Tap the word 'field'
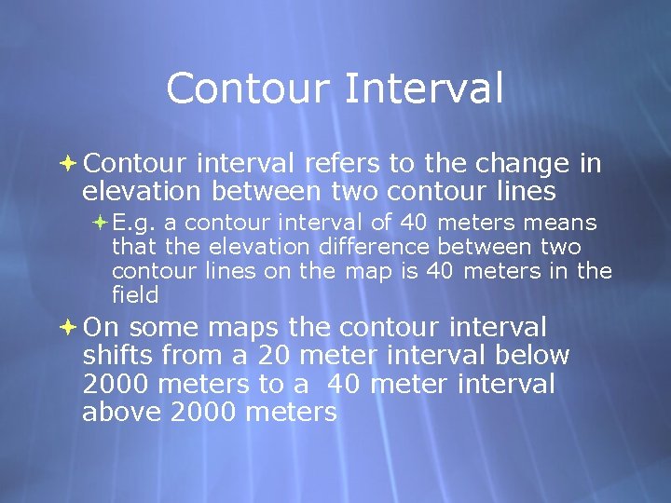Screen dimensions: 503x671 (x=135, y=295)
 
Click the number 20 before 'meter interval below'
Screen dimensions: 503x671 (x=276, y=356)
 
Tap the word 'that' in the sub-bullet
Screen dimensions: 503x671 (x=134, y=248)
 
